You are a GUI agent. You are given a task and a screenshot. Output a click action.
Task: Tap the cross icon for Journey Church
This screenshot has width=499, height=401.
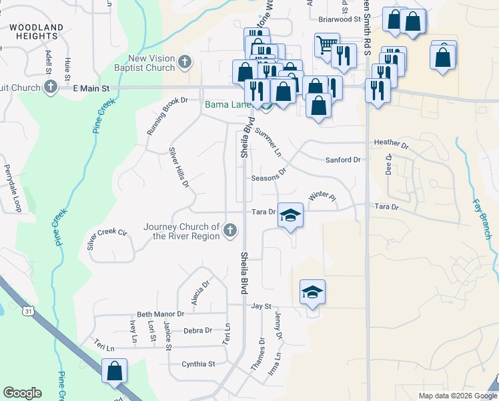tap(229, 231)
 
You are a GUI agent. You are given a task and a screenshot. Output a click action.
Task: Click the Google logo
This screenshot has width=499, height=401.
tap(22, 393)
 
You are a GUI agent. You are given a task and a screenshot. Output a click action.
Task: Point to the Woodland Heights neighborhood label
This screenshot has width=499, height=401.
tap(37, 33)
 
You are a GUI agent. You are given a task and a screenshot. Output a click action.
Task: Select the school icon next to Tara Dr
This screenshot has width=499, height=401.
tap(290, 215)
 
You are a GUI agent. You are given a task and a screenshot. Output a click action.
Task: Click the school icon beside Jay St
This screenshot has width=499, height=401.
tap(312, 292)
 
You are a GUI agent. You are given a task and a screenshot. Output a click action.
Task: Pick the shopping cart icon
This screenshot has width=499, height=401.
tap(326, 45)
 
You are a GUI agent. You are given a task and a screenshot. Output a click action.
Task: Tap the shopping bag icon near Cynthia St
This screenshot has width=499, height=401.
tap(114, 370)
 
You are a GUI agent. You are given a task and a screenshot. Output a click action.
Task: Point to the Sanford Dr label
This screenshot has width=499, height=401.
tap(343, 160)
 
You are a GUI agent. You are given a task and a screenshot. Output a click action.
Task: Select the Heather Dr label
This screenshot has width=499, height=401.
tap(391, 143)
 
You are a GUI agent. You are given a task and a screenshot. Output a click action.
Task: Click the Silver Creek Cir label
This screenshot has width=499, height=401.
tap(107, 233)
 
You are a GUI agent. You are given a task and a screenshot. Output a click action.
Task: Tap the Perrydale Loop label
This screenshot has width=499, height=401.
tap(13, 188)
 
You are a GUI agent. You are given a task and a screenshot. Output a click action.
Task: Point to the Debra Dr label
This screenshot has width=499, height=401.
tap(197, 330)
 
